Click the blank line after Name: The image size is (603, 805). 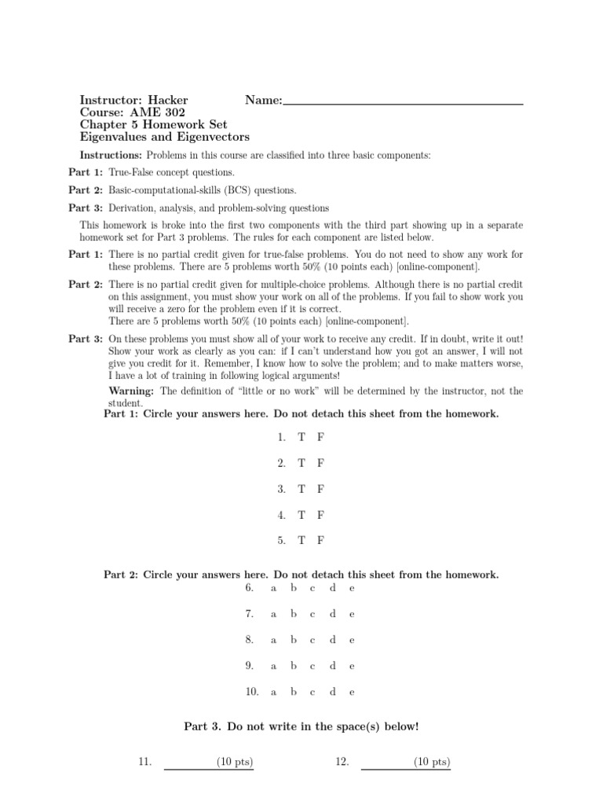coord(403,102)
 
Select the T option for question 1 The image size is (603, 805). coord(301,436)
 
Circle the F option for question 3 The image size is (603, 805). coord(320,488)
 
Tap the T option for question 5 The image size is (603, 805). coord(301,541)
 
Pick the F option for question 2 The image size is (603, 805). coord(320,462)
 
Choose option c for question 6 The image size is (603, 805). coord(312,588)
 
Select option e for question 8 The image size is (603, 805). coord(352,640)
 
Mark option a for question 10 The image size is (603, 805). coord(273,693)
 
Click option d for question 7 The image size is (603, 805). coord(332,614)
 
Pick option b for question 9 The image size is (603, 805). coord(293,666)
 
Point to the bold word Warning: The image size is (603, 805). coord(132,391)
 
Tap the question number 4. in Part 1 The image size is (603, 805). coord(281,515)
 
